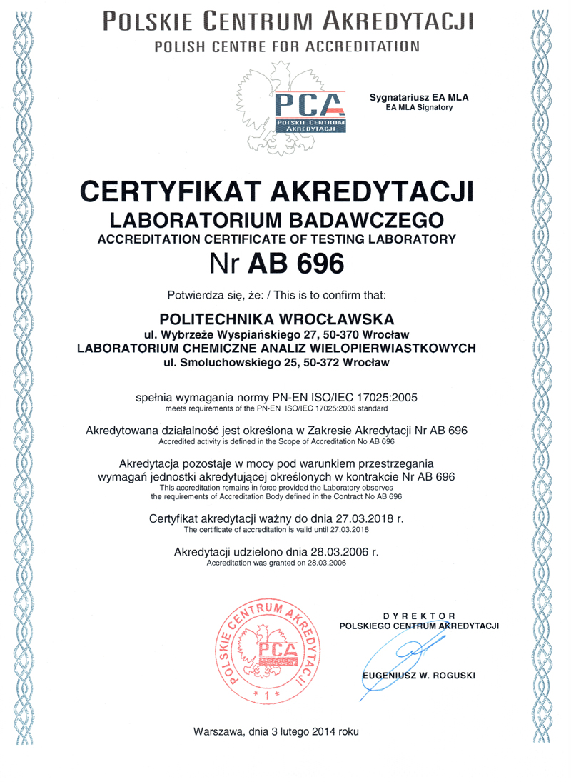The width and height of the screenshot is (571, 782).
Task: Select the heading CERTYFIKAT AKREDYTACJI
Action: click(276, 193)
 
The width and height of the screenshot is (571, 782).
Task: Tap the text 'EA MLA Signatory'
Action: click(421, 108)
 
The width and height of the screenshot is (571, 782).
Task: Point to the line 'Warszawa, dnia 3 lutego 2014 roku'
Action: click(276, 732)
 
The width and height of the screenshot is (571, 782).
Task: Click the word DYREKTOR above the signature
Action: click(420, 615)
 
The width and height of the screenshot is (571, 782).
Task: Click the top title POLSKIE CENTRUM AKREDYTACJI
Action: click(288, 20)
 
